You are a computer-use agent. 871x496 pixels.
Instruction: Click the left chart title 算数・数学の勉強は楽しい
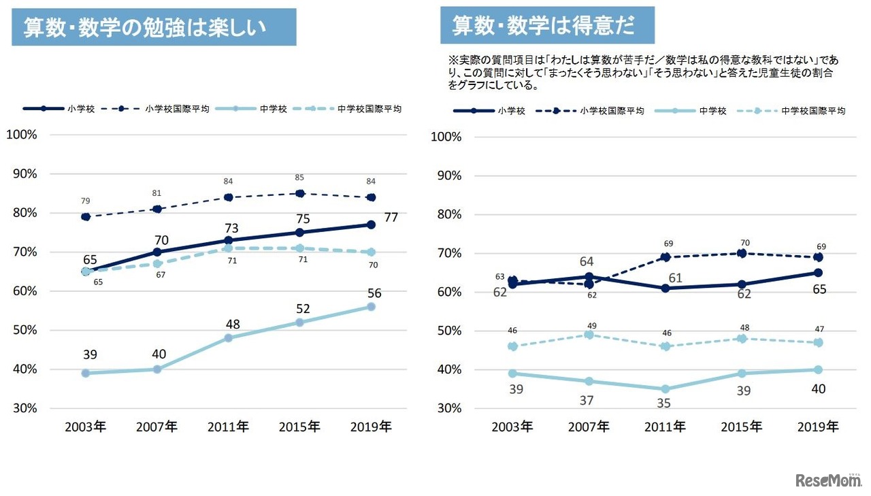point(153,27)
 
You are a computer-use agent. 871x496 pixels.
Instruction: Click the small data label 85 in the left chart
point(299,178)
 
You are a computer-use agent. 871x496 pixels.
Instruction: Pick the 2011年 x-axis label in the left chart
point(228,427)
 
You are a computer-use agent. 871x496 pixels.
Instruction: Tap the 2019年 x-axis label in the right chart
point(818,427)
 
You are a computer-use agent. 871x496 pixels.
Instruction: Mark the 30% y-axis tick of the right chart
point(446,408)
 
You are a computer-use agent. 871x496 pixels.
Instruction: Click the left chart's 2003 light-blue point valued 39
point(86,373)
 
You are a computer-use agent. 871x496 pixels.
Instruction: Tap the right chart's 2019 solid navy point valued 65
point(818,273)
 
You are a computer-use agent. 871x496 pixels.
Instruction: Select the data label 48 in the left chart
point(228,324)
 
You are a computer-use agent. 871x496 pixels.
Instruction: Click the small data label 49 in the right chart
point(591,325)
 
